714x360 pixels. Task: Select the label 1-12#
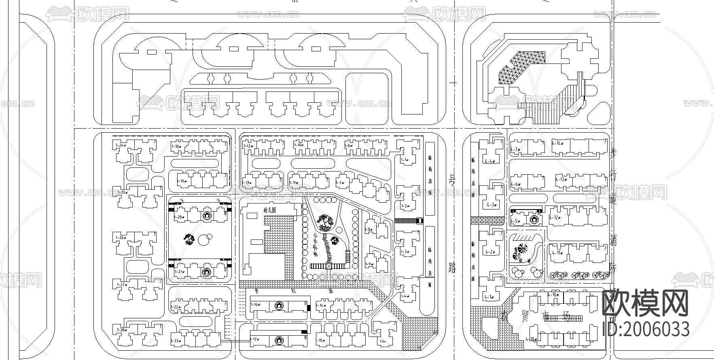pos(248,146)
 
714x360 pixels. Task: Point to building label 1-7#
pos(340,183)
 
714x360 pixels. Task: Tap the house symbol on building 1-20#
pos(207,216)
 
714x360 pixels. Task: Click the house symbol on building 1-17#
pos(278,341)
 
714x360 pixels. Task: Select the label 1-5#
pos(383,342)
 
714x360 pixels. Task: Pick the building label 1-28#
pos(120,330)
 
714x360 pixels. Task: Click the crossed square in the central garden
pos(328,266)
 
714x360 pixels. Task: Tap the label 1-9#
pos(368,264)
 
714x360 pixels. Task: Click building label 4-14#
pos(558,143)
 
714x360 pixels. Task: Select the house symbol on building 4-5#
pos(534,220)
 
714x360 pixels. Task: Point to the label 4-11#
pos(557,253)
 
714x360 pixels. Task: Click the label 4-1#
pos(489,297)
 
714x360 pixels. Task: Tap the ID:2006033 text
pos(646,329)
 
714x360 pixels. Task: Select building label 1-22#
pos(175,307)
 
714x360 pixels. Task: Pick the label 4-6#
pos(515,184)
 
